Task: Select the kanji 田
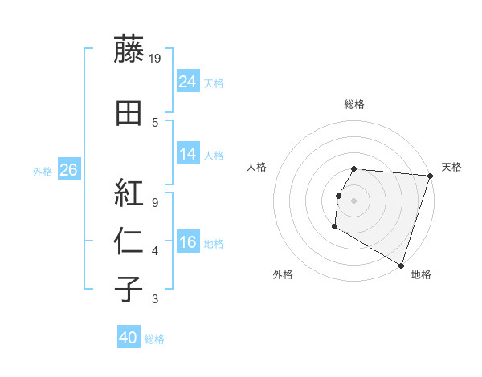[x=129, y=113]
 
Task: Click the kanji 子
[x=129, y=290]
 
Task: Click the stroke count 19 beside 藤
[x=155, y=58]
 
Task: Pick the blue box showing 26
[x=68, y=169]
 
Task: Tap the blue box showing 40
[x=129, y=338]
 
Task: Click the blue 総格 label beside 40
[x=154, y=339]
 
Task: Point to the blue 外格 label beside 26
[x=43, y=171]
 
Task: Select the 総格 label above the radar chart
[x=354, y=104]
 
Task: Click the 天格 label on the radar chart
[x=451, y=167]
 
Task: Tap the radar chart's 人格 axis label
[x=257, y=167]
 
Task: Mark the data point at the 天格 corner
[x=430, y=176]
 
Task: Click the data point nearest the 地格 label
[x=400, y=265]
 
